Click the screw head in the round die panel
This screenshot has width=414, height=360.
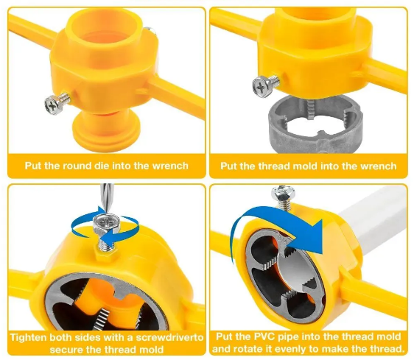click(x=52, y=106)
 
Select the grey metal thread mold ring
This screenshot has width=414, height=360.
click(x=315, y=123)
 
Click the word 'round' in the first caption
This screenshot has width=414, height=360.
click(x=78, y=166)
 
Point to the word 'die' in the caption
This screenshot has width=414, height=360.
click(x=103, y=166)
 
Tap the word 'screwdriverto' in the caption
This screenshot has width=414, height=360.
click(x=169, y=338)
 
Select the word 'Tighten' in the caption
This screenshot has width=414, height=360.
click(x=29, y=338)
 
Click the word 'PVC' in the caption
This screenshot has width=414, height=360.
click(x=264, y=336)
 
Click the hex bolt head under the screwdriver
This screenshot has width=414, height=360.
click(x=106, y=224)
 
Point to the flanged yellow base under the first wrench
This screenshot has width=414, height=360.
click(x=106, y=131)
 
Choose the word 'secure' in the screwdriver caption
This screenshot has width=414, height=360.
click(x=66, y=350)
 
